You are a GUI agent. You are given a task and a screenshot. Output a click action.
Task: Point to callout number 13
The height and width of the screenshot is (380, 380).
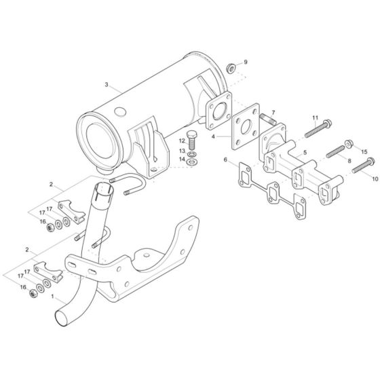[x=182, y=151]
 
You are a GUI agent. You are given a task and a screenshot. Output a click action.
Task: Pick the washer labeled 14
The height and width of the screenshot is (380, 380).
[x=193, y=161]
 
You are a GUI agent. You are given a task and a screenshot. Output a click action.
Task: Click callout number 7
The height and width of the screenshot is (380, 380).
[x=273, y=112]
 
